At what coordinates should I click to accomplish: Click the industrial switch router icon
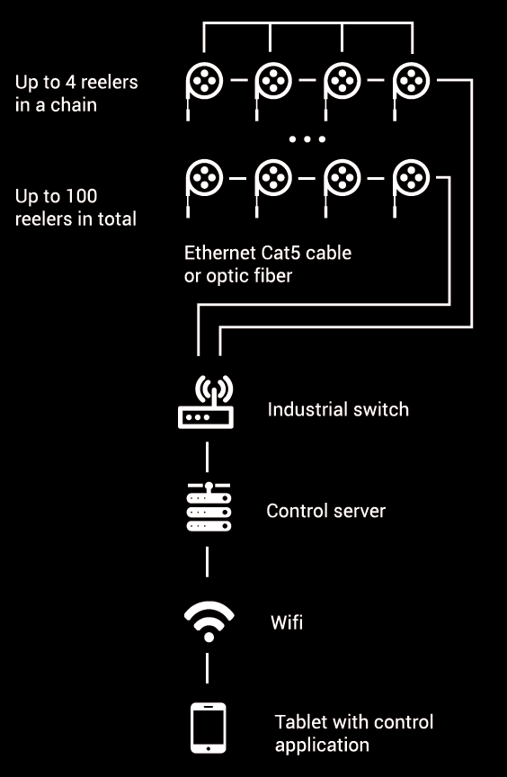tap(206, 402)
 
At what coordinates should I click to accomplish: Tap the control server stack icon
tap(209, 506)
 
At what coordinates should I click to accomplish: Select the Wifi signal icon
tap(209, 622)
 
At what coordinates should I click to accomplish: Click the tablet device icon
tap(209, 728)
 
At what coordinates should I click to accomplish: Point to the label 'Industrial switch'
tap(338, 410)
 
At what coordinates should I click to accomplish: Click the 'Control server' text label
tap(325, 511)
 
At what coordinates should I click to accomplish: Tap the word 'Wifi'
tap(287, 622)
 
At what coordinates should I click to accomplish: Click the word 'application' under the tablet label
tap(322, 746)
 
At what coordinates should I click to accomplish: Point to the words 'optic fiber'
tap(249, 276)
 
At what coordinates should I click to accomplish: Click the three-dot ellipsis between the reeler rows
tap(307, 139)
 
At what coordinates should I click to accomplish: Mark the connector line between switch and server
tap(207, 457)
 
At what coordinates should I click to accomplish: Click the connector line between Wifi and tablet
tap(207, 668)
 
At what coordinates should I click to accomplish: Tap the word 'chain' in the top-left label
tap(74, 105)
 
